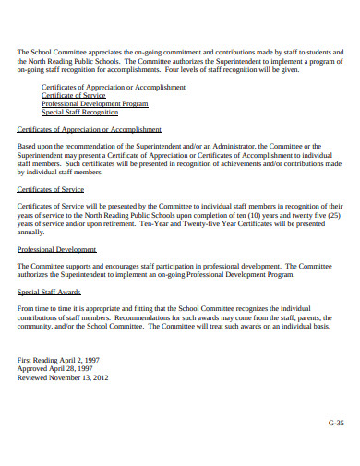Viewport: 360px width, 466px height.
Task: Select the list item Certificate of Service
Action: coord(74,95)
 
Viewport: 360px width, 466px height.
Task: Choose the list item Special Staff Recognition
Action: coord(80,112)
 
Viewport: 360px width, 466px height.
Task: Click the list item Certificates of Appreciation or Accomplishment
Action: coord(113,87)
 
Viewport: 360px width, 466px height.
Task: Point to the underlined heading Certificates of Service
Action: coord(51,188)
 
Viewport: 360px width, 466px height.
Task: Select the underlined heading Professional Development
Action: coord(56,248)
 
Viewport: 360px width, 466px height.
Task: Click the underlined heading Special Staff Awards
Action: coord(49,291)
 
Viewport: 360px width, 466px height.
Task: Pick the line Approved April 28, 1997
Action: coord(56,367)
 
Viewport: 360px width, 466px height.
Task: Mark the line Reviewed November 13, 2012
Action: coord(63,376)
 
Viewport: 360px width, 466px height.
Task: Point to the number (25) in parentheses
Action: coord(335,214)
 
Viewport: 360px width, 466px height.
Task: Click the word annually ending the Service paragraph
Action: coord(32,232)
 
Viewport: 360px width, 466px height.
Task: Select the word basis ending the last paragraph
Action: coord(319,325)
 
